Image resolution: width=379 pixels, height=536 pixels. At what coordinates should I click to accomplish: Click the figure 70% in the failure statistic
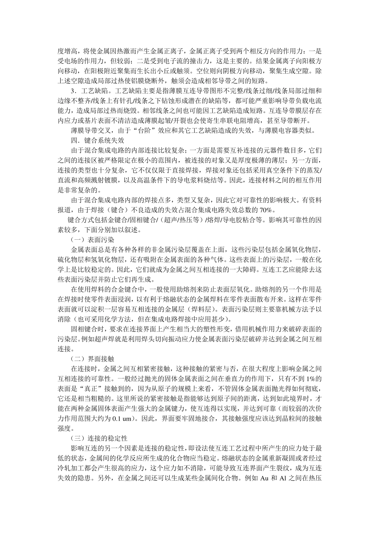pos(266,210)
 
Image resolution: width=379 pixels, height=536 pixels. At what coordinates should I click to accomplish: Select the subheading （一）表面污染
pos(92,240)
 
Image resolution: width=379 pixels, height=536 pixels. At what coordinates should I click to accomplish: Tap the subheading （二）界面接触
pos(92,359)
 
